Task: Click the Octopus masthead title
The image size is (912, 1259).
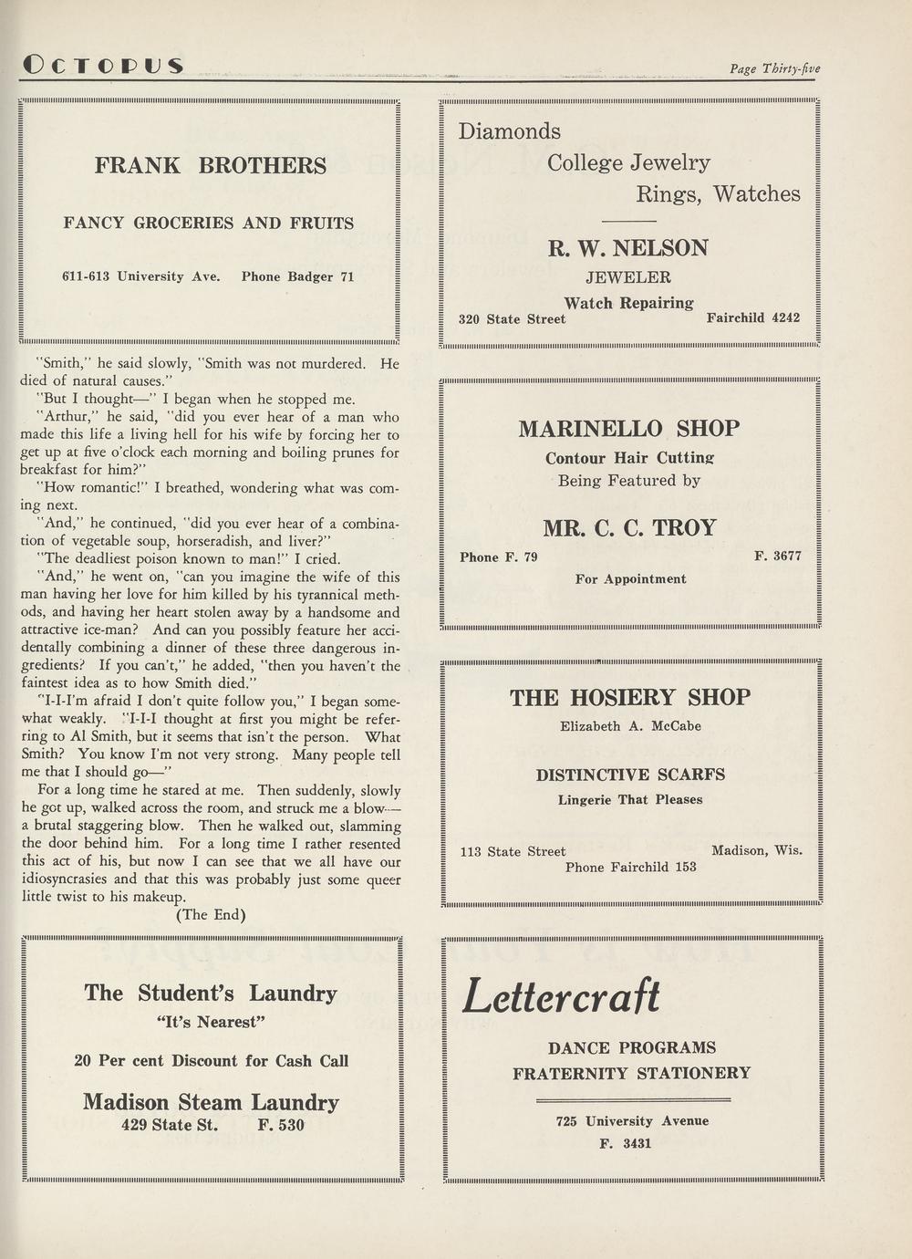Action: tap(103, 66)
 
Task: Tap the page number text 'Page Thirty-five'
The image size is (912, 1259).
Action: tap(774, 68)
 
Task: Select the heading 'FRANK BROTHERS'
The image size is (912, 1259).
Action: tap(211, 166)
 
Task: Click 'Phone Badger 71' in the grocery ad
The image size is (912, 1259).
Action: tap(297, 276)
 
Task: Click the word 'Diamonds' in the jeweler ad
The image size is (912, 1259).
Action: tap(509, 131)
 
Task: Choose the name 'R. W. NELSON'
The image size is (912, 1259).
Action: tap(628, 248)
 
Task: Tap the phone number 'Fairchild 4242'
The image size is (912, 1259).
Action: tap(752, 318)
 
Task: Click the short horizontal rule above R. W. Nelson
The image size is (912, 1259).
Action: tap(628, 221)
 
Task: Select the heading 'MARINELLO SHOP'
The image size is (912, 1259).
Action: tap(629, 429)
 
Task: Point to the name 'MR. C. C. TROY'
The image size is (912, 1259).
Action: tap(629, 528)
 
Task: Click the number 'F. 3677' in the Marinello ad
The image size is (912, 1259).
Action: tap(777, 556)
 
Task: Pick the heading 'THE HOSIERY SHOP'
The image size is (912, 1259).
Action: tap(629, 698)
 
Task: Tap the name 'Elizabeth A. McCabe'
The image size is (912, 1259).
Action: tap(630, 727)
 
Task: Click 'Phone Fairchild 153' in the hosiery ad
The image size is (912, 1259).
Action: tap(630, 867)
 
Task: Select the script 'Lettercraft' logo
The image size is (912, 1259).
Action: tap(561, 995)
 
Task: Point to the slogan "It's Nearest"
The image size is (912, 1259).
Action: tap(212, 1022)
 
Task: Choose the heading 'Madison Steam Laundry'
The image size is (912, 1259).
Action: tap(212, 1102)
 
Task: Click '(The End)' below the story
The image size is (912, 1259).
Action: tap(211, 915)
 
